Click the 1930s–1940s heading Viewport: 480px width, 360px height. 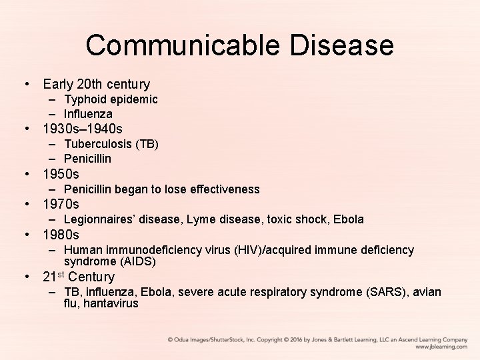[x=83, y=128]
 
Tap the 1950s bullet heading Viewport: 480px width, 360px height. [x=61, y=175]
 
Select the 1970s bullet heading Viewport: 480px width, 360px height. [x=61, y=204]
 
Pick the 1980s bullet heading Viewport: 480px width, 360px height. [x=61, y=235]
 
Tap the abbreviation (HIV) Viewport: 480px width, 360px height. [x=248, y=250]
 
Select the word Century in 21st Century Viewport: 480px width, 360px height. [x=91, y=277]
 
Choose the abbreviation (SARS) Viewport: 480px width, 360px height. [x=385, y=292]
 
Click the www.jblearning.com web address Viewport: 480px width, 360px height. [x=441, y=347]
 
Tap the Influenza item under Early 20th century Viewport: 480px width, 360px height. [x=88, y=114]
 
